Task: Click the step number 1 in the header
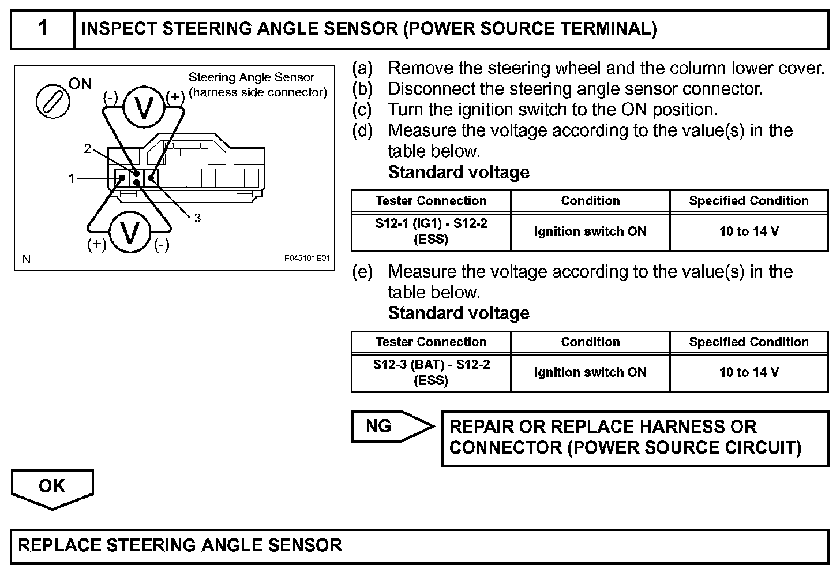point(43,28)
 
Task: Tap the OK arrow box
point(52,487)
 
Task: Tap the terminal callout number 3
point(197,218)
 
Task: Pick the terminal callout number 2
point(88,149)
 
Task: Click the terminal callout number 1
point(72,179)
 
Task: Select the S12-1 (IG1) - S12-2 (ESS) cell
point(431,231)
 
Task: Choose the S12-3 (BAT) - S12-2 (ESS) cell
point(431,372)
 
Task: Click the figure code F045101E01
point(306,259)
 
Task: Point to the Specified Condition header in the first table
point(749,201)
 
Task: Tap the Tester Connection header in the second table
point(431,342)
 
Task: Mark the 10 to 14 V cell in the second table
point(749,372)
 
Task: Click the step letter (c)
point(362,110)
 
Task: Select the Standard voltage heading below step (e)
point(459,313)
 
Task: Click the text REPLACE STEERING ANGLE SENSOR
point(180,545)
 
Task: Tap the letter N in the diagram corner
point(26,259)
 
